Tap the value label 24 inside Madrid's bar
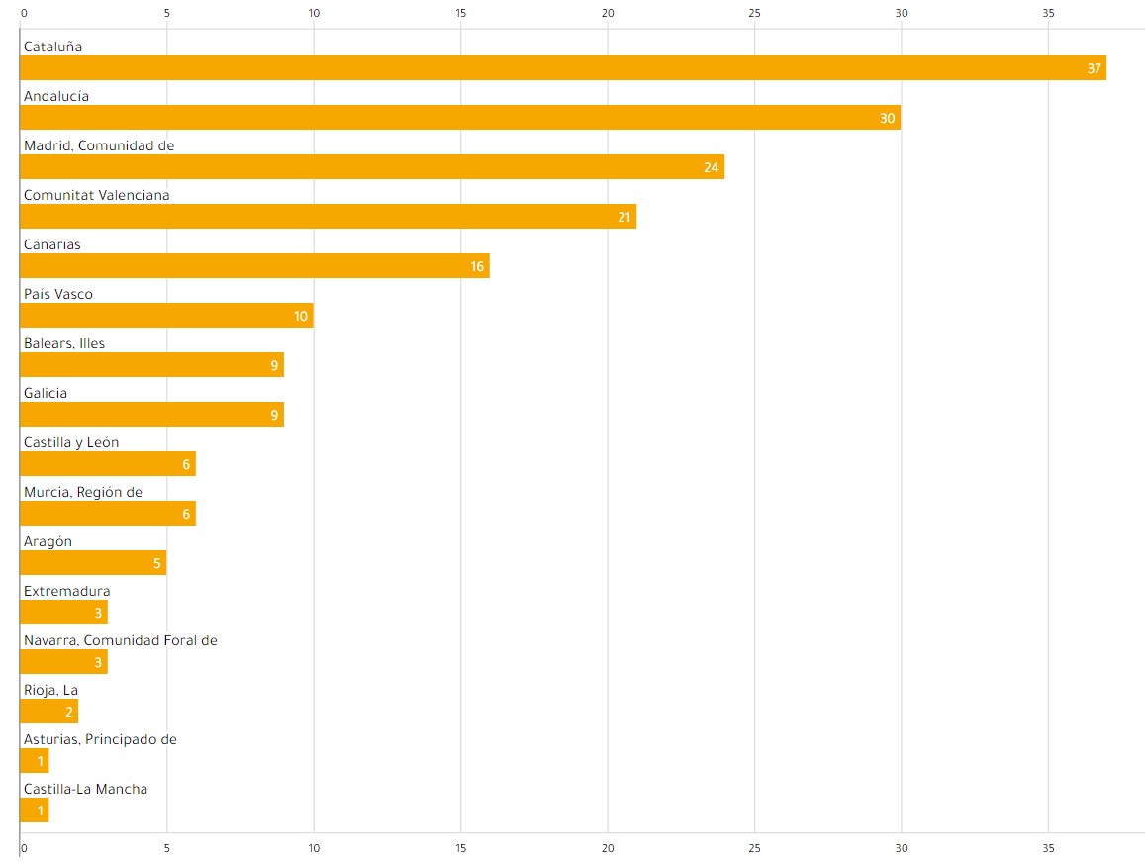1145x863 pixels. (x=711, y=167)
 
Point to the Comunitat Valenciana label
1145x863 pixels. (x=96, y=195)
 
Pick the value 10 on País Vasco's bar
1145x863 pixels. (x=301, y=317)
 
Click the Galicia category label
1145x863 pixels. (x=46, y=393)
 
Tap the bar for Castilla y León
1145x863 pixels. (x=107, y=464)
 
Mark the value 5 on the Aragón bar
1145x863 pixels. (x=156, y=564)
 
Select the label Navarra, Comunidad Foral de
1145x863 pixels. (x=120, y=640)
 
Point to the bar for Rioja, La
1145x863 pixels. (x=48, y=712)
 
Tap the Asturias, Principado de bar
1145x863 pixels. (x=33, y=761)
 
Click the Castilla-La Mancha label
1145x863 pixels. (x=85, y=789)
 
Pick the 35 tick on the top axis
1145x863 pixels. (x=1048, y=13)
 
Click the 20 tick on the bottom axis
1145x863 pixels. (x=608, y=849)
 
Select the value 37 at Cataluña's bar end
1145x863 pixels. (x=1094, y=68)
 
